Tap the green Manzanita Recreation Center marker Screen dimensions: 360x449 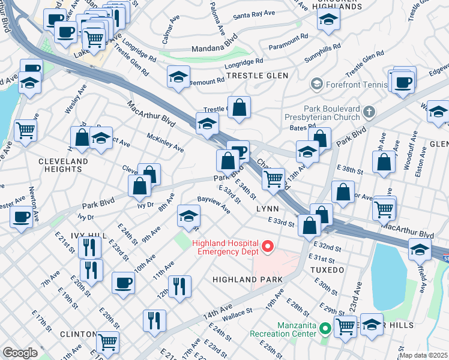(325, 328)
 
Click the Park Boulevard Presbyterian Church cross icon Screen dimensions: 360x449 (369, 112)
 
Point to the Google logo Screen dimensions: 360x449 (20, 353)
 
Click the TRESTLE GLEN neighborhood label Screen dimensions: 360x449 (257, 76)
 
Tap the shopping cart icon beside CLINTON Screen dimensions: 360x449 (108, 342)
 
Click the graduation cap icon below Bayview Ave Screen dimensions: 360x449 (188, 215)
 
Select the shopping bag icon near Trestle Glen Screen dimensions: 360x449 (239, 108)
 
